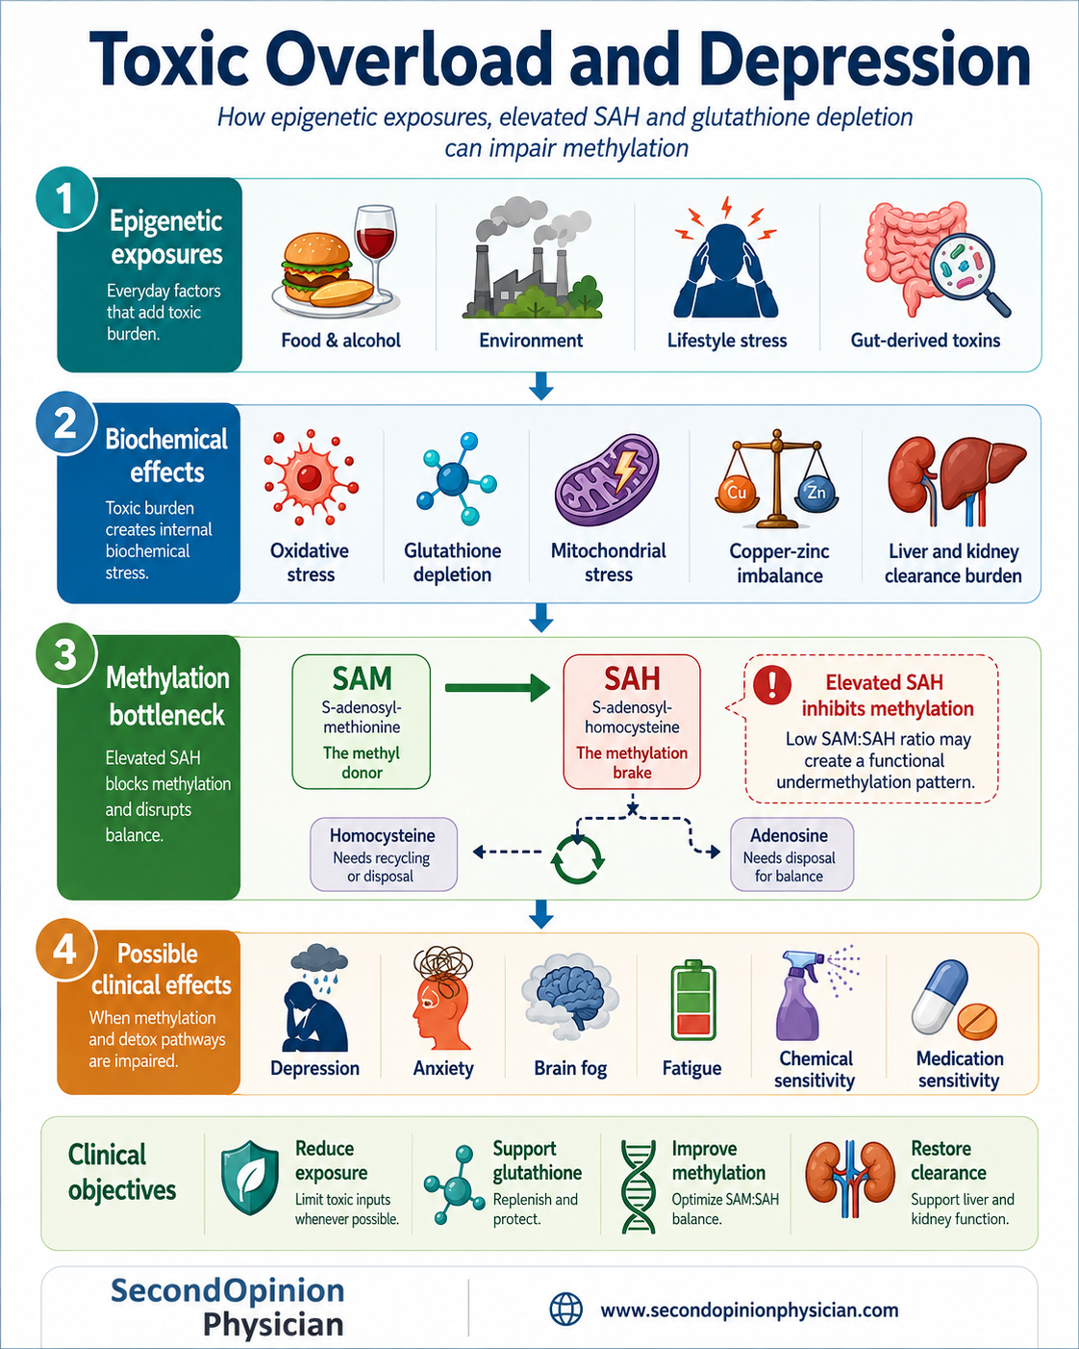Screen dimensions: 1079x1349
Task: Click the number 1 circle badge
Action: coord(65,198)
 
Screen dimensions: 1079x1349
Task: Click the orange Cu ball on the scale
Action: coord(737,492)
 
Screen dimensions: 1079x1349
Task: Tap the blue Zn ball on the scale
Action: coord(816,492)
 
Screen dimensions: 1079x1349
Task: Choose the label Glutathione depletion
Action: coord(452,562)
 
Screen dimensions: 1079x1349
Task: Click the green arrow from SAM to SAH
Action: coord(497,688)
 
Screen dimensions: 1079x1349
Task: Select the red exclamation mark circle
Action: coord(772,684)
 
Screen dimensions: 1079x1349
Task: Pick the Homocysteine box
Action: coord(384,854)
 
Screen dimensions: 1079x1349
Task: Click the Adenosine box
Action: coord(791,854)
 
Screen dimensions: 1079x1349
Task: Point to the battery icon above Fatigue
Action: coord(692,999)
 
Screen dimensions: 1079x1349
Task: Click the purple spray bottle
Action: coord(803,997)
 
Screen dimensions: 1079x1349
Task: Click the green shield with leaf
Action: coord(250,1177)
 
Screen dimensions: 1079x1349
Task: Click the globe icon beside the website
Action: coord(565,1310)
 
